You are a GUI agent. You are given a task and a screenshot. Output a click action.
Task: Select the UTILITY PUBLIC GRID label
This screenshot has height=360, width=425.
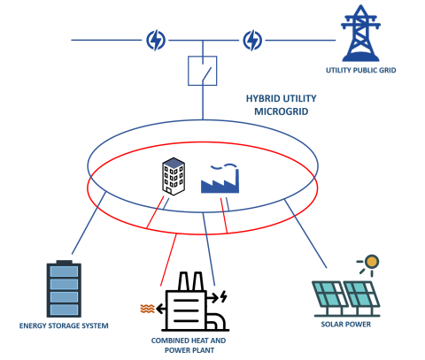click(x=361, y=70)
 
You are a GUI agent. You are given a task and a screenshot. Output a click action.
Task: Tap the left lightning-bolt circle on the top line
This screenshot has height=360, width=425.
click(x=156, y=40)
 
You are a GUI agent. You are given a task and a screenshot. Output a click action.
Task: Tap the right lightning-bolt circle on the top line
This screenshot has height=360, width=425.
click(x=252, y=40)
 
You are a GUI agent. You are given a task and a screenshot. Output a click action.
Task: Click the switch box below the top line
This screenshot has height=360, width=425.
click(x=202, y=71)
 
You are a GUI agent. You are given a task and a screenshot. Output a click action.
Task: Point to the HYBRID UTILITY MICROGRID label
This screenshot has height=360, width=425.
click(x=281, y=104)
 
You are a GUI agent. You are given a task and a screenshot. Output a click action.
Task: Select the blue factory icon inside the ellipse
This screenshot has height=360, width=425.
click(x=220, y=180)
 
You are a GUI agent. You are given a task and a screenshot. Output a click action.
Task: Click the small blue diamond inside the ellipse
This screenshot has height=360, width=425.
click(x=174, y=164)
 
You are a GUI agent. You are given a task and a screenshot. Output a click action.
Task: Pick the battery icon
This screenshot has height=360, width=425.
click(x=64, y=288)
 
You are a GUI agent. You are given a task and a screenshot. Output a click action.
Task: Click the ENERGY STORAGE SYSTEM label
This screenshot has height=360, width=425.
click(x=64, y=326)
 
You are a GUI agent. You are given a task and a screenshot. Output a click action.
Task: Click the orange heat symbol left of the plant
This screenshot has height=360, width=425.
click(x=147, y=309)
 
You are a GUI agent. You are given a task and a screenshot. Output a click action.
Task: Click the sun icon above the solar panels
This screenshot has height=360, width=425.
click(x=371, y=262)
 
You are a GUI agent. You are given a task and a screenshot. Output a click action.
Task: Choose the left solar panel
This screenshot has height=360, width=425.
click(x=329, y=296)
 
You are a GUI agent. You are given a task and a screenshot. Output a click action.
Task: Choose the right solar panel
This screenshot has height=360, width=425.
click(x=361, y=296)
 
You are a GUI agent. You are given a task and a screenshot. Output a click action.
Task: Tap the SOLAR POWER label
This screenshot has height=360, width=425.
click(x=345, y=325)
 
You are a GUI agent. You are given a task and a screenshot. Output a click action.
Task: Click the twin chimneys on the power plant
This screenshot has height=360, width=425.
click(x=189, y=282)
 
